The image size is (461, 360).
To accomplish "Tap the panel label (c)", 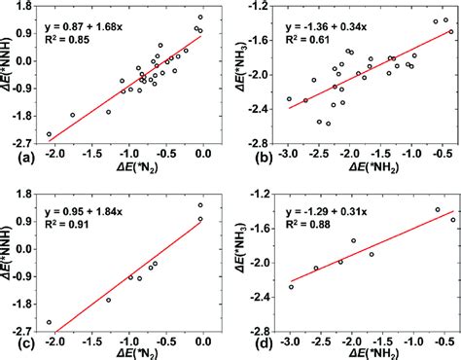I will [x=13, y=342].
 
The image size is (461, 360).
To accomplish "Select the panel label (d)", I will [x=249, y=342].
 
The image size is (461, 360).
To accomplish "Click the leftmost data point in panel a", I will [x=49, y=134].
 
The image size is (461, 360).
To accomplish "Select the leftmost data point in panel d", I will [x=291, y=286].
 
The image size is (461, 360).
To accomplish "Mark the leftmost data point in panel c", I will [x=49, y=322].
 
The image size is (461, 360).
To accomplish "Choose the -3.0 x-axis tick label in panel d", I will [x=290, y=332].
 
